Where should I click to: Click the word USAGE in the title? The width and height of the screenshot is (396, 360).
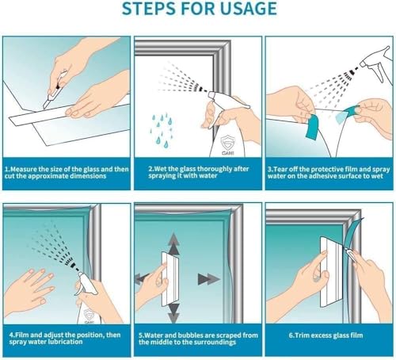(x=249, y=8)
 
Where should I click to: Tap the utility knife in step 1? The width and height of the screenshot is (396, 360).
(x=55, y=91)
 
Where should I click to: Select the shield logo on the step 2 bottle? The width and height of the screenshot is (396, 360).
(x=227, y=144)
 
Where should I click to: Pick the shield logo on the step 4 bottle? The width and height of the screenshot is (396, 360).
(x=89, y=316)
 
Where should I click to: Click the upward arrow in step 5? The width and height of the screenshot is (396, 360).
(x=173, y=243)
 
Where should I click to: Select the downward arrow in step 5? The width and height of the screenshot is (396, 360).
(x=173, y=313)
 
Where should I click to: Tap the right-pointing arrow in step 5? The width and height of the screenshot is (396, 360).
(x=208, y=279)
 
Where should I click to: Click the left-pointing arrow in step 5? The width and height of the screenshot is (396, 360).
(x=142, y=278)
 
